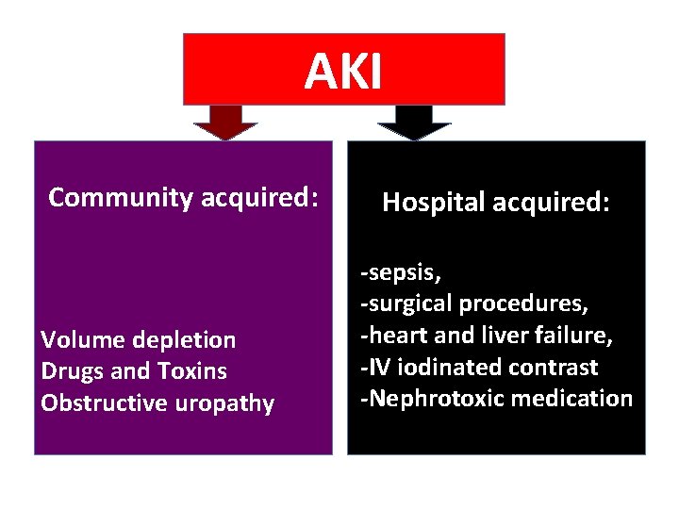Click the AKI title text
click(x=343, y=71)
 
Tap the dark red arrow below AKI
click(x=225, y=122)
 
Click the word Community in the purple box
click(x=122, y=198)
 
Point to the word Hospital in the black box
click(x=429, y=203)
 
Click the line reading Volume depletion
click(x=139, y=339)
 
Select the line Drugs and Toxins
click(x=134, y=371)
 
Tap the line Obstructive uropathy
click(x=157, y=403)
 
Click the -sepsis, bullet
click(x=401, y=271)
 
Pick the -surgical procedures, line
click(x=475, y=304)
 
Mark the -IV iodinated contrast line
click(x=479, y=367)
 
